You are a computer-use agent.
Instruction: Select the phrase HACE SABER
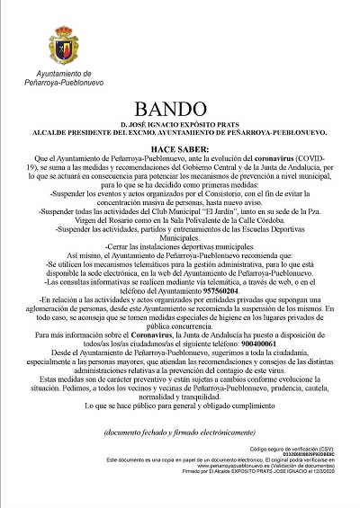click(x=180, y=148)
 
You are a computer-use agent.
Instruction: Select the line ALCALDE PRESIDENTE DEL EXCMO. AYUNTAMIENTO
click(x=180, y=131)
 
